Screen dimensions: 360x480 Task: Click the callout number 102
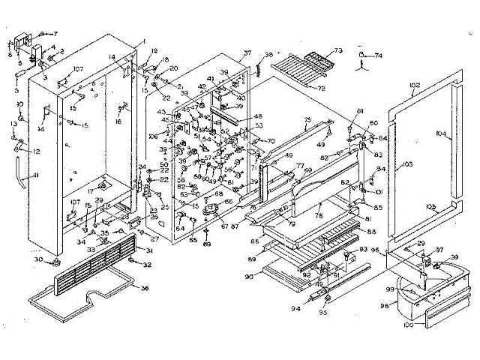coord(414,86)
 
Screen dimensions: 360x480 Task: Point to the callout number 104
coord(442,134)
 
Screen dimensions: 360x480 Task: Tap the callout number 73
coord(337,50)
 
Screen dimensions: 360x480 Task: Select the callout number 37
coord(247,54)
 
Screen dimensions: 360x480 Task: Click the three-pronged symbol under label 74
coord(361,65)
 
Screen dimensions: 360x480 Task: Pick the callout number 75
coord(307,120)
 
